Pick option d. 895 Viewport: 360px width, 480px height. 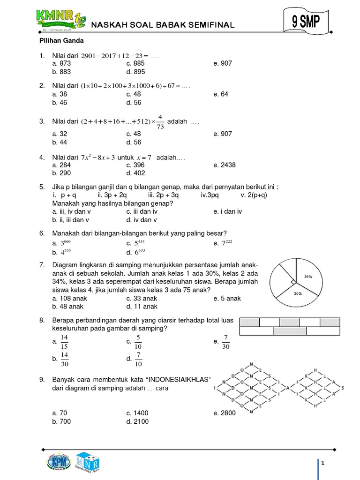point(135,72)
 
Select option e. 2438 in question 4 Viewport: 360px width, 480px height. point(225,165)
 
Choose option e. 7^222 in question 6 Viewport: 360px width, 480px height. point(223,243)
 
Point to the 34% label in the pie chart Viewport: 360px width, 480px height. point(308,277)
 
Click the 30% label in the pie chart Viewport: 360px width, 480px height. point(297,293)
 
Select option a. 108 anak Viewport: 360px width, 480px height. point(70,298)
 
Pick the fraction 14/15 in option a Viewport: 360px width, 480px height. point(65,342)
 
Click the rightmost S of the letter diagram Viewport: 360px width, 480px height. point(343,388)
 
